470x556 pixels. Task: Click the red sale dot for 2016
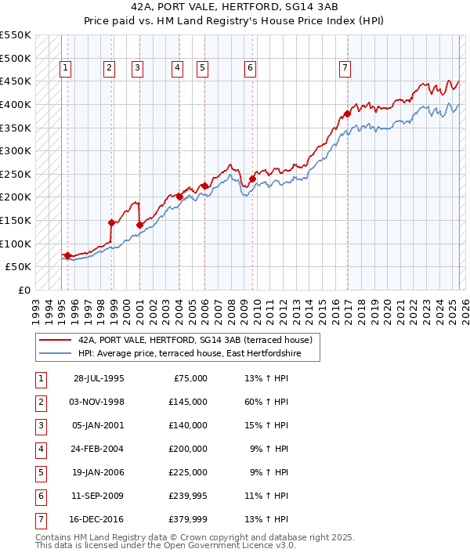coord(347,114)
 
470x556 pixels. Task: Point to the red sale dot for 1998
coord(111,222)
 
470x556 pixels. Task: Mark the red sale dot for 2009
coord(252,179)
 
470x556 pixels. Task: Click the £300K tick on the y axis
coord(16,150)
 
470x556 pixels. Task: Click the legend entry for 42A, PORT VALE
coord(195,340)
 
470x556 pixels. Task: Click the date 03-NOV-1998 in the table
coord(98,403)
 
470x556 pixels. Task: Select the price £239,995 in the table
coord(187,495)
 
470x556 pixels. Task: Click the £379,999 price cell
coord(187,518)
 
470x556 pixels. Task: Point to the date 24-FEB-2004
coord(98,449)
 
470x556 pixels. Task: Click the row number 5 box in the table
coord(40,472)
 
